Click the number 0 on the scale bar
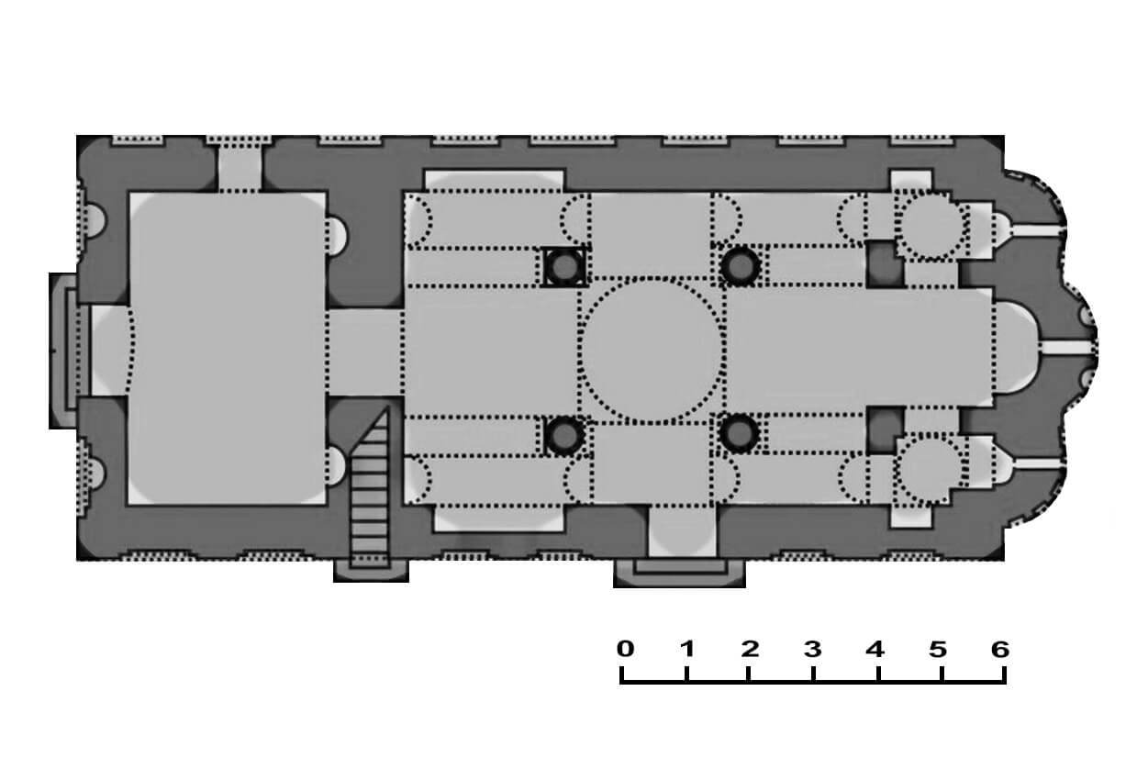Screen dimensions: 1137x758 pyautogui.click(x=625, y=649)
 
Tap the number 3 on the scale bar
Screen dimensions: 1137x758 pyautogui.click(x=813, y=650)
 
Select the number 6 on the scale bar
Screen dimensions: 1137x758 pyautogui.click(x=1000, y=650)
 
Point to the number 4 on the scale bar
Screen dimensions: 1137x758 pyautogui.click(x=875, y=650)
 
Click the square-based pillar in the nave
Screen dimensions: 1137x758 pyautogui.click(x=564, y=266)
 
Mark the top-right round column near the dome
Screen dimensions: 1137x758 pyautogui.click(x=740, y=266)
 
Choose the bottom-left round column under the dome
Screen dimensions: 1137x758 pyautogui.click(x=564, y=435)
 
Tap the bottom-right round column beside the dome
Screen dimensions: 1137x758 pyautogui.click(x=739, y=434)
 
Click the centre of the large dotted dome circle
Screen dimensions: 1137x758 pyautogui.click(x=652, y=350)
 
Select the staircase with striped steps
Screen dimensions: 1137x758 pyautogui.click(x=370, y=490)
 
